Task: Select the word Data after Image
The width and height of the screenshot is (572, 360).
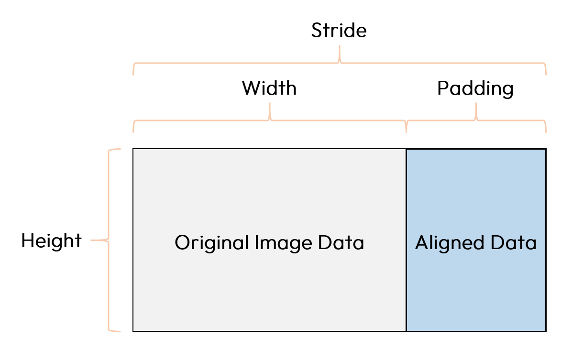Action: pyautogui.click(x=341, y=243)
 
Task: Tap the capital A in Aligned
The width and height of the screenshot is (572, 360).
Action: pyautogui.click(x=421, y=243)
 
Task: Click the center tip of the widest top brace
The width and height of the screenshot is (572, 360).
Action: pyautogui.click(x=340, y=46)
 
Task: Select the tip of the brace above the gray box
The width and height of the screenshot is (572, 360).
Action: pyautogui.click(x=270, y=103)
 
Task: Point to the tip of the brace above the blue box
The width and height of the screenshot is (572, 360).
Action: pyautogui.click(x=476, y=103)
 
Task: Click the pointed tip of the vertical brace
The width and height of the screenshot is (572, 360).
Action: pyautogui.click(x=92, y=240)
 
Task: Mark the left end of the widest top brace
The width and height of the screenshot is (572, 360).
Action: pyautogui.click(x=133, y=74)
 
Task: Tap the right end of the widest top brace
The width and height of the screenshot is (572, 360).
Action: pyautogui.click(x=546, y=74)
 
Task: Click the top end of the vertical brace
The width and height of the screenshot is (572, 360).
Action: pyautogui.click(x=120, y=150)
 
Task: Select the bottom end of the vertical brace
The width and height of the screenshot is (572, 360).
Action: pyautogui.click(x=120, y=330)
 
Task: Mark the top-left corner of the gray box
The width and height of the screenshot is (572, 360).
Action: pyautogui.click(x=134, y=150)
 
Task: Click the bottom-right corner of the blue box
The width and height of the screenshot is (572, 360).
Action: pyautogui.click(x=545, y=330)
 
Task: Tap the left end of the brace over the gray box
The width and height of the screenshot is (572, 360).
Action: pyautogui.click(x=133, y=131)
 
